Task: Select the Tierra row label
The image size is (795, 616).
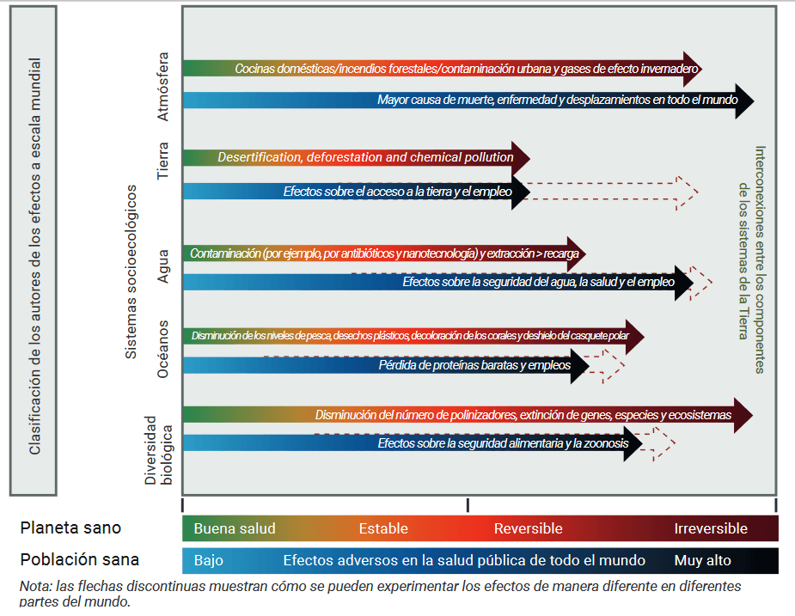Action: [x=163, y=161]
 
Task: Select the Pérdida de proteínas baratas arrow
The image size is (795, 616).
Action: [x=387, y=365]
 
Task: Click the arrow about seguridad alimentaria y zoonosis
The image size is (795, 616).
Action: [x=413, y=443]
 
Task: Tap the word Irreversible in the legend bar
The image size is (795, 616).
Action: [x=710, y=528]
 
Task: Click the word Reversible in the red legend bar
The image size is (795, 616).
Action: [x=528, y=528]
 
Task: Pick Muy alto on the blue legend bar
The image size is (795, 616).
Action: [x=702, y=560]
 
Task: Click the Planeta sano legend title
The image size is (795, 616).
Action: [x=70, y=528]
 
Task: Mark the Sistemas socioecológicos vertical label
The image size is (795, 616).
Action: [x=131, y=271]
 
